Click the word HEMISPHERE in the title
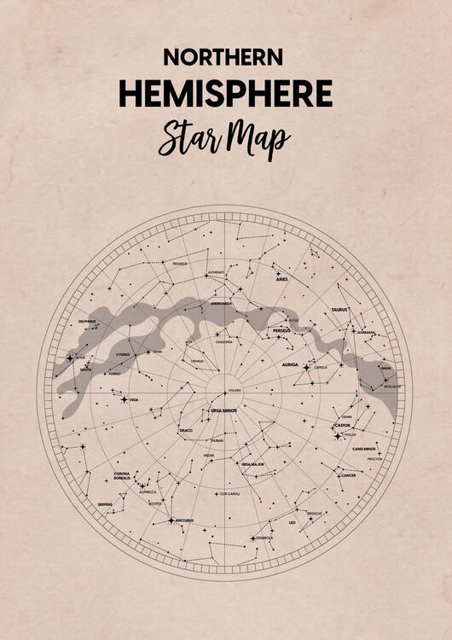[225, 94]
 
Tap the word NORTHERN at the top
[223, 57]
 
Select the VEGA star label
[134, 399]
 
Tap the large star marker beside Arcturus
[171, 520]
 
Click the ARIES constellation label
[281, 279]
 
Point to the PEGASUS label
[179, 265]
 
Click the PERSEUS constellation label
[282, 330]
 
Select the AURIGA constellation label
[290, 364]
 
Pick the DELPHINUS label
[87, 322]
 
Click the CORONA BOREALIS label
[122, 476]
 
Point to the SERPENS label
[105, 504]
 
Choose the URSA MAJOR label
[252, 464]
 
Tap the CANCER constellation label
[347, 475]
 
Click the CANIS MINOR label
[364, 448]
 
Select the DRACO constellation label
[186, 431]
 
